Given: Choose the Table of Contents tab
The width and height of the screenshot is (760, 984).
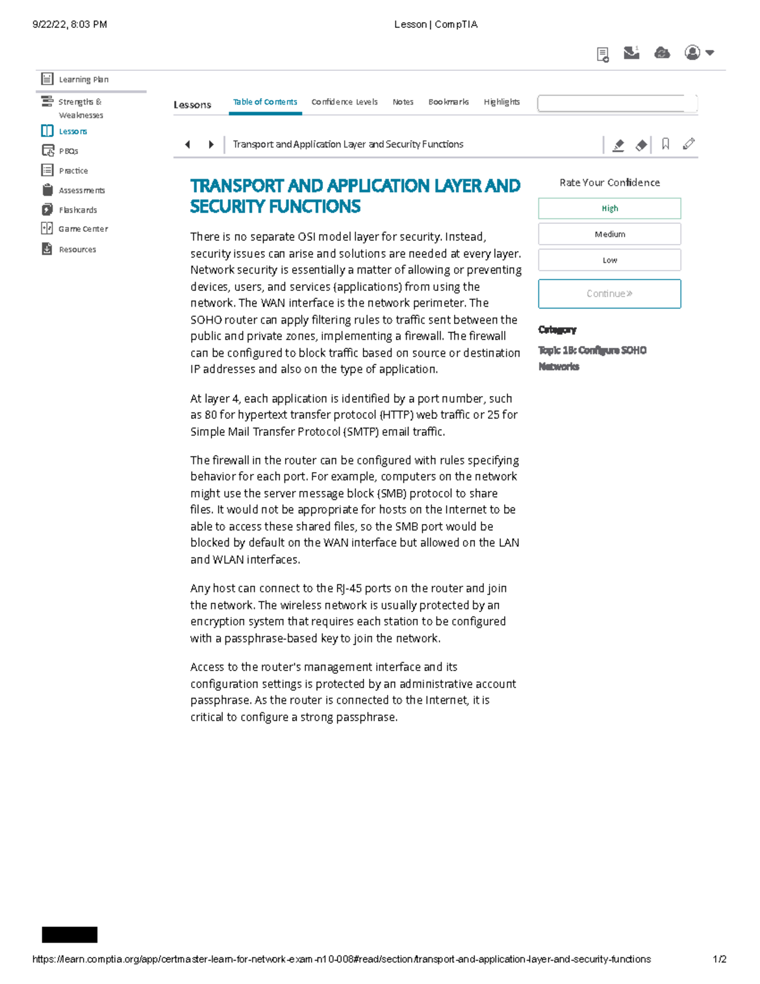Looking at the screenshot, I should coord(265,102).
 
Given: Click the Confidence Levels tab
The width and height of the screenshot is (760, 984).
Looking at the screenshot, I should coord(344,102).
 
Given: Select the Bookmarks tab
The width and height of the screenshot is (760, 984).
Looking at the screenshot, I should coord(448,102).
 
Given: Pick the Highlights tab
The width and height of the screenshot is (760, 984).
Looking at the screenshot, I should coord(502,102).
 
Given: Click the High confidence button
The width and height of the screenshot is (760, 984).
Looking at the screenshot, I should coord(609,208).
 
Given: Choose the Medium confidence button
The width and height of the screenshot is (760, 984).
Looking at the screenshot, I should coord(609,234).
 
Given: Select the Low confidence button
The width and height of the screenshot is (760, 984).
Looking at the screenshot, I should coord(609,260).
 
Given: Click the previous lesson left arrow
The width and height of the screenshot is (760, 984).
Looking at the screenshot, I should coord(187,144).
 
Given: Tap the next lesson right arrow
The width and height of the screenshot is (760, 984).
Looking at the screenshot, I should coord(211,144).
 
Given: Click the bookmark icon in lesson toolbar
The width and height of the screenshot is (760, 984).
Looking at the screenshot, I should coord(665,144).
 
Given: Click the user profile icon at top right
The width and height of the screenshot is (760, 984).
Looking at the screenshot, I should coord(693,53).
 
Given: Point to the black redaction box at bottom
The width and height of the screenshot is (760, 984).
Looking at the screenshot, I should coord(70,935).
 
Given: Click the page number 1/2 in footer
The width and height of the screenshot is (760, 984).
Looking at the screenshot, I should coord(719,959).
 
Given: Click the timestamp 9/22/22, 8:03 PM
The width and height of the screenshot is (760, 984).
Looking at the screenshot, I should coord(70,25).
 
